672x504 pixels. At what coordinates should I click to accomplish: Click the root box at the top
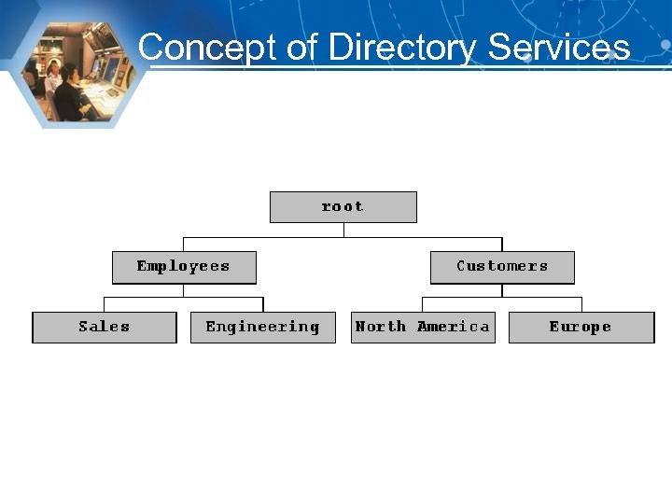[x=343, y=206]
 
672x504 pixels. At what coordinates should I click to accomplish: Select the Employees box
[x=184, y=267]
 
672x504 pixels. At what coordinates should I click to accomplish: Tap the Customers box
[x=502, y=267]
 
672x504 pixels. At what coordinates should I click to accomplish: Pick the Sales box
[x=105, y=327]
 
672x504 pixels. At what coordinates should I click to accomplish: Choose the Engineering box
[x=262, y=327]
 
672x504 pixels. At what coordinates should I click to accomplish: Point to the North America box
[x=423, y=327]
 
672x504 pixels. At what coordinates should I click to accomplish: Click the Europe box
[x=581, y=327]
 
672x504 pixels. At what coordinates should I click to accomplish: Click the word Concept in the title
[x=206, y=46]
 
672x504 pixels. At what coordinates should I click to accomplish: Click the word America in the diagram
[x=454, y=327]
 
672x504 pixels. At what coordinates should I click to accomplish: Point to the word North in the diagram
[x=381, y=327]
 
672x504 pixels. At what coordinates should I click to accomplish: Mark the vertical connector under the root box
[x=343, y=230]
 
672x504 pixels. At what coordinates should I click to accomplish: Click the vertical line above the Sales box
[x=104, y=304]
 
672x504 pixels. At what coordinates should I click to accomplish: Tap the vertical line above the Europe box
[x=581, y=304]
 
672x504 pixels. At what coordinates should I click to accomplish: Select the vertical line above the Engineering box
[x=263, y=304]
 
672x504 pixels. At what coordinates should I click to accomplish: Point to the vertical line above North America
[x=423, y=304]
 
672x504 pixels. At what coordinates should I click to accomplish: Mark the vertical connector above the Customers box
[x=502, y=245]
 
